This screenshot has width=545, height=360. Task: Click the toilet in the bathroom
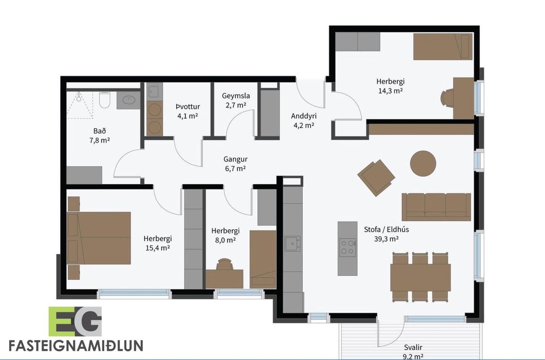pyautogui.click(x=105, y=100)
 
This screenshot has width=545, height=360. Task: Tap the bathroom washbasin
pyautogui.click(x=128, y=100)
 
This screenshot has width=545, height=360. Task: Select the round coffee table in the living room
pyautogui.click(x=423, y=163)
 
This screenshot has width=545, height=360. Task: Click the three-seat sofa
pyautogui.click(x=436, y=207)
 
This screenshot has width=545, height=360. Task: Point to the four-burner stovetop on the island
pyautogui.click(x=348, y=247)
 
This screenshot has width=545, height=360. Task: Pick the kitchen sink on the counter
pyautogui.click(x=293, y=243)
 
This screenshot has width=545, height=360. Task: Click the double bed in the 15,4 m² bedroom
pyautogui.click(x=98, y=238)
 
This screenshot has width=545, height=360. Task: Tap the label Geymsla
pyautogui.click(x=236, y=96)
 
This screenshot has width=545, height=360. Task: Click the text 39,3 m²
pyautogui.click(x=386, y=239)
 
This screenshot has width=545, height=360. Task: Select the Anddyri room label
pyautogui.click(x=304, y=116)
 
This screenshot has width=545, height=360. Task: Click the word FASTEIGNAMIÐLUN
pyautogui.click(x=76, y=345)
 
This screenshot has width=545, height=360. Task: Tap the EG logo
pyautogui.click(x=75, y=321)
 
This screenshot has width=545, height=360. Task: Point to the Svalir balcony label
pyautogui.click(x=413, y=348)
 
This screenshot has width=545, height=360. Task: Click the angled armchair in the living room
pyautogui.click(x=376, y=178)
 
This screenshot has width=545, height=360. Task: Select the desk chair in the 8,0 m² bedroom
pyautogui.click(x=224, y=264)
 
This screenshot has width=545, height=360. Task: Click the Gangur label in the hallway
pyautogui.click(x=235, y=159)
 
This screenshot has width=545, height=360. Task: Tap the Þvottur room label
pyautogui.click(x=188, y=107)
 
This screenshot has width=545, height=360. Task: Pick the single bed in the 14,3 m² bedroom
pyautogui.click(x=443, y=47)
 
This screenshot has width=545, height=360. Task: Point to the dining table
pyautogui.click(x=420, y=277)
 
